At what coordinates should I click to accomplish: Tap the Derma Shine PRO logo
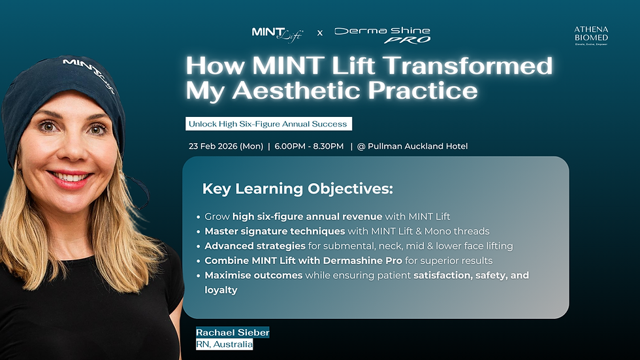(x=382, y=34)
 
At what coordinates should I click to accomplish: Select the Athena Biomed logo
(x=590, y=35)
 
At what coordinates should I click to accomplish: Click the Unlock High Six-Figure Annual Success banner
(x=268, y=123)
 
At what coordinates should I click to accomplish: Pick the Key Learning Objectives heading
(x=298, y=189)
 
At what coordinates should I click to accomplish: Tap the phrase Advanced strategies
(x=255, y=246)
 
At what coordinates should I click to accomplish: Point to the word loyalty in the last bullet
(x=221, y=289)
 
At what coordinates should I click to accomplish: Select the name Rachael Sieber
(x=232, y=333)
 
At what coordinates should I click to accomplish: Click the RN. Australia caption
(x=224, y=344)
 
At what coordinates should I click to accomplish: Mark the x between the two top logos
(x=320, y=33)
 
